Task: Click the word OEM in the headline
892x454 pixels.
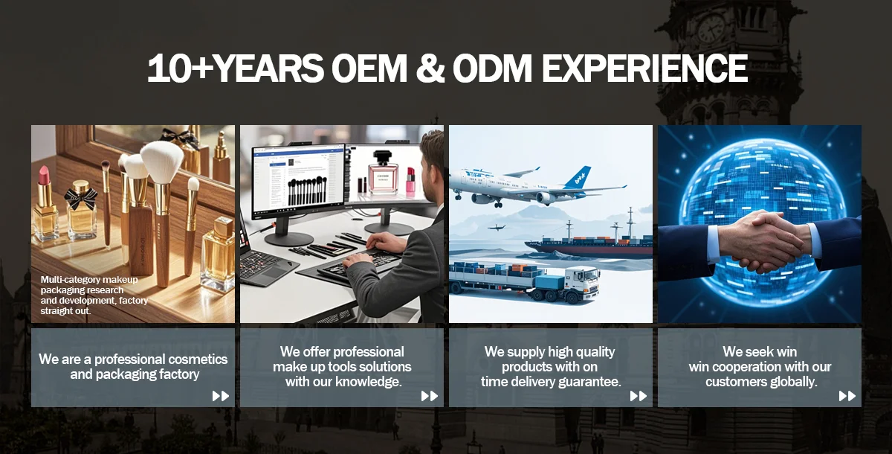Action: coord(369,68)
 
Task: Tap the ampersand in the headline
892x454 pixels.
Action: coord(430,68)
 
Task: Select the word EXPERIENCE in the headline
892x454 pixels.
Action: coord(644,68)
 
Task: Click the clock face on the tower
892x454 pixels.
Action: coord(711,28)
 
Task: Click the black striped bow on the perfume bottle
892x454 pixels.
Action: coord(81,198)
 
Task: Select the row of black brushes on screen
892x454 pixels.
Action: coord(307,191)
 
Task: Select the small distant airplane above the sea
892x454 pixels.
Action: coord(497,227)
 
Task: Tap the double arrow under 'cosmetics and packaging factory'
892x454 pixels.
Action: coord(221,396)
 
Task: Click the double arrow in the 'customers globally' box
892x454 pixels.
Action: coord(847,396)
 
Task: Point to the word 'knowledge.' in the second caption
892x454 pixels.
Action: coord(368,382)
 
